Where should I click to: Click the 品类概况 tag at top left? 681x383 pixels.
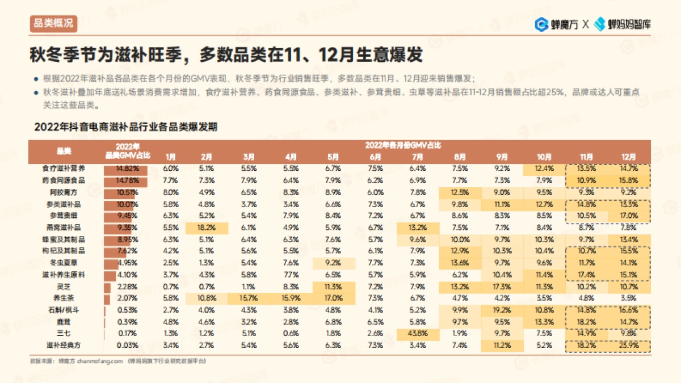click(x=53, y=23)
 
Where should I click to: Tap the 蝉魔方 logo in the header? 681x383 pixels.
click(x=557, y=24)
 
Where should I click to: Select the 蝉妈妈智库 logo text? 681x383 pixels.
click(x=624, y=24)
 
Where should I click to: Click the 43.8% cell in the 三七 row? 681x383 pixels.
click(x=418, y=333)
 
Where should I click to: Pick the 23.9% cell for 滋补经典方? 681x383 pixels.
click(x=629, y=344)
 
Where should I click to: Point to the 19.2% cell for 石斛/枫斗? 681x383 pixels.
click(x=502, y=310)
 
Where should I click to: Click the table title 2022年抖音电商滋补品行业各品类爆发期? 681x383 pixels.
click(x=126, y=127)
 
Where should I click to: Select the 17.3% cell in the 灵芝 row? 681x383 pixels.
click(x=502, y=286)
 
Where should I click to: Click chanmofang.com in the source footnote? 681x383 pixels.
click(x=99, y=361)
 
